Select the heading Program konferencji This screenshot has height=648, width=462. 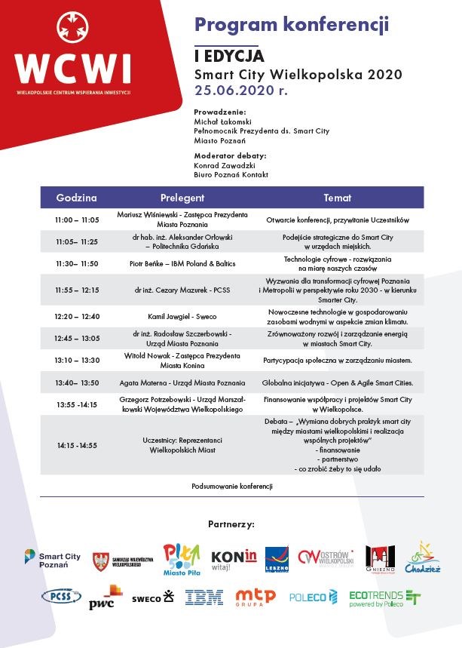292,25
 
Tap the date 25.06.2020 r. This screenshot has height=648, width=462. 241,90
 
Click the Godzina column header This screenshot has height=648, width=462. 77,198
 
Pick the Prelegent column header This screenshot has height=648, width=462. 182,198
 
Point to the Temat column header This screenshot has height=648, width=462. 337,198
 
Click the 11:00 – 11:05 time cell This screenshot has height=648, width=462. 77,220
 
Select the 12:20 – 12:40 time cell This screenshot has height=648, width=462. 77,316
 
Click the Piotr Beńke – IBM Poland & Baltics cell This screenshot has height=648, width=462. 182,263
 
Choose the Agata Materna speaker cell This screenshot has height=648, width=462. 182,382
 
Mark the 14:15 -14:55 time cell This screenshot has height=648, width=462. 77,445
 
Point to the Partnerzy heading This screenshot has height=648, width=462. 231,523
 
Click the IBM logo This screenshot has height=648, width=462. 204,598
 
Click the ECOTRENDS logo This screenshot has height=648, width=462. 384,598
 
